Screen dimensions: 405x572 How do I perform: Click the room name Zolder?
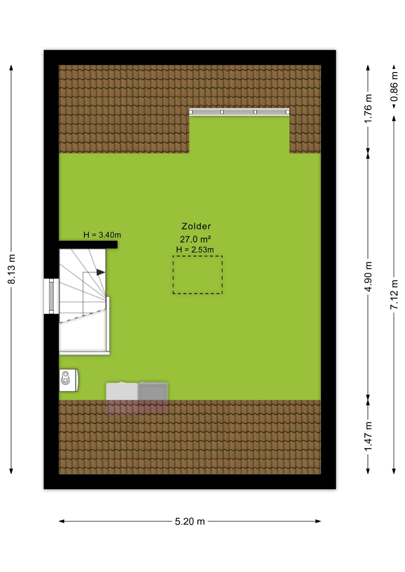pos(196,226)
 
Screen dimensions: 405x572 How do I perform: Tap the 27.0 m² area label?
pos(196,239)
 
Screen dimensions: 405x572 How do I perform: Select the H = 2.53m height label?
pos(195,250)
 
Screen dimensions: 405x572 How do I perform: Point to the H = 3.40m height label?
pos(102,235)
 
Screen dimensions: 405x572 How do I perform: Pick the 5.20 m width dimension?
pos(190,521)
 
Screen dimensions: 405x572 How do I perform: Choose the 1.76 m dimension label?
pos(368,108)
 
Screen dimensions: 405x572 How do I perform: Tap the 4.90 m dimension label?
pos(368,277)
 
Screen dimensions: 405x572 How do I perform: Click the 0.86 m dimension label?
pos(394,86)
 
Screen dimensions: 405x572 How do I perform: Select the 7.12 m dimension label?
pos(394,294)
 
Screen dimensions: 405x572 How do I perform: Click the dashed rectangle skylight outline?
pos(197,256)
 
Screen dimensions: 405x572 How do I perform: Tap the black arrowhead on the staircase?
pos(101,272)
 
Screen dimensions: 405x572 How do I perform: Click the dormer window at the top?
pos(239,112)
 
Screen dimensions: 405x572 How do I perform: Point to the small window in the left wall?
pos(51,296)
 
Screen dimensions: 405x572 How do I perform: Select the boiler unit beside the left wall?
pos(69,380)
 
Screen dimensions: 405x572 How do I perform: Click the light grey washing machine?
pos(122,391)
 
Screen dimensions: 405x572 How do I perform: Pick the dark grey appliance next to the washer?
pos(153,391)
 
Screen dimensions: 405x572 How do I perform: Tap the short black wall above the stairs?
pos(88,245)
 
